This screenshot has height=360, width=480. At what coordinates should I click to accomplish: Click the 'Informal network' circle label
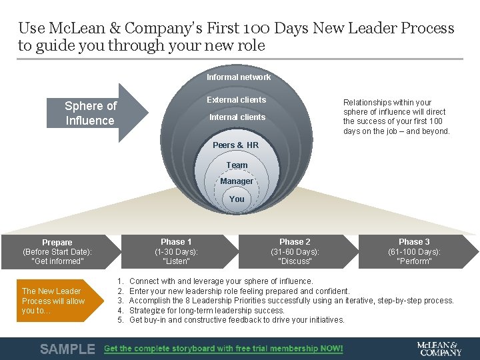pyautogui.click(x=238, y=77)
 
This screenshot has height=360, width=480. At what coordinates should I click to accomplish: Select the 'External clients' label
pyautogui.click(x=236, y=100)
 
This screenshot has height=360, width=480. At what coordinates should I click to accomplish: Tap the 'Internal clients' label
pyautogui.click(x=237, y=117)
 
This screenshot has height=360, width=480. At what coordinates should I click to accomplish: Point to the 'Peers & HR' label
pyautogui.click(x=235, y=145)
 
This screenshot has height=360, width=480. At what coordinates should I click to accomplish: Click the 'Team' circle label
pyautogui.click(x=237, y=165)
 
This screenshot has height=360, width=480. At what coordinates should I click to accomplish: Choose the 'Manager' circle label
pyautogui.click(x=237, y=181)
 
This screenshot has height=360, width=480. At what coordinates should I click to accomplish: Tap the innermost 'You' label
pyautogui.click(x=237, y=199)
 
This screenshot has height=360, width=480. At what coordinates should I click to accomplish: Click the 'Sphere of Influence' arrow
pyautogui.click(x=93, y=113)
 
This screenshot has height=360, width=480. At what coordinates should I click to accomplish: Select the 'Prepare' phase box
pyautogui.click(x=57, y=251)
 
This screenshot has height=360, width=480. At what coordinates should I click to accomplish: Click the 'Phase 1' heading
pyautogui.click(x=176, y=242)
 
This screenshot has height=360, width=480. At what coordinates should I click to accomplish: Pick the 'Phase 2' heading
pyautogui.click(x=295, y=242)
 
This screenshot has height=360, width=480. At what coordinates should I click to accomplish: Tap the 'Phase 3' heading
pyautogui.click(x=414, y=242)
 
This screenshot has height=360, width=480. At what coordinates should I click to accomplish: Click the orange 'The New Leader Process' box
pyautogui.click(x=53, y=301)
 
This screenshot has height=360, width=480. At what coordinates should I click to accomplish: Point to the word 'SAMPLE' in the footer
pyautogui.click(x=67, y=349)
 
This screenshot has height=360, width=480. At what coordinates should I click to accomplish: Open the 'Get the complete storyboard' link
pyautogui.click(x=223, y=349)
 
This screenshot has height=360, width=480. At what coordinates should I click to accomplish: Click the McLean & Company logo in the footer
pyautogui.click(x=439, y=348)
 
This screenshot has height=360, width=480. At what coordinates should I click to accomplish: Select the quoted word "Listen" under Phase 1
pyautogui.click(x=176, y=261)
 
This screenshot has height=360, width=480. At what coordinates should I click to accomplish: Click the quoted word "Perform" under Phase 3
pyautogui.click(x=414, y=261)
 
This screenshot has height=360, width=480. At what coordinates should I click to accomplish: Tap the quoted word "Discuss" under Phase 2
pyautogui.click(x=295, y=261)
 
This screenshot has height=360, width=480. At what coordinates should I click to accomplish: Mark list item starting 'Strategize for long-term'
pyautogui.click(x=207, y=310)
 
